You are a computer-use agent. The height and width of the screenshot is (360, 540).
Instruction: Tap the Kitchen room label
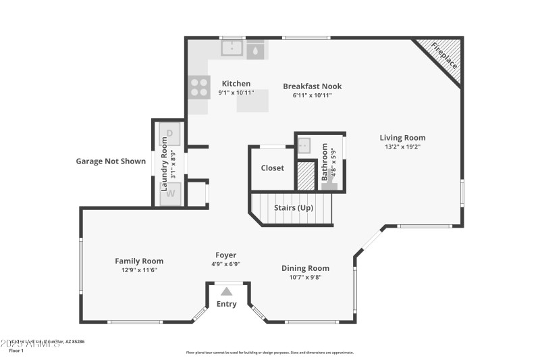point(236,84)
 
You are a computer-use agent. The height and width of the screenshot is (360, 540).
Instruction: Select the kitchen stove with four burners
point(199,86)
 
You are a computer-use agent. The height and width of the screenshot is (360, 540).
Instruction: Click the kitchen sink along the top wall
point(233,49)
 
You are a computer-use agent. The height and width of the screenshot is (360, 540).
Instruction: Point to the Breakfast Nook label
point(312,86)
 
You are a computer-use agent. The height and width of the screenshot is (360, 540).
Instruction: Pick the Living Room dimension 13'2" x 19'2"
point(402,147)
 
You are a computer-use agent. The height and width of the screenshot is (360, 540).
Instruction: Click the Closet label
point(272,168)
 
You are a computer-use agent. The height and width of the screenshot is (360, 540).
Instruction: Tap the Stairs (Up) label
point(293,208)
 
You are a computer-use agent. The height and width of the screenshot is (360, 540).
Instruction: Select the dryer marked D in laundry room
point(169,134)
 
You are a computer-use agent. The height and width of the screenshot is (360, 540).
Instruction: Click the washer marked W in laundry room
point(170,193)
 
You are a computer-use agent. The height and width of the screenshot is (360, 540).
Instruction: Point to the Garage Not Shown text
point(111,161)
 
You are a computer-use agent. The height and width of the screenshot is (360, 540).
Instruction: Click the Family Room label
point(139,261)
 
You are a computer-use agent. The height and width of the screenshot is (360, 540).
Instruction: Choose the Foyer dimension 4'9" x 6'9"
point(225,264)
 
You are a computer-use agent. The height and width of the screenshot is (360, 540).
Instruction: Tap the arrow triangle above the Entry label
point(227,291)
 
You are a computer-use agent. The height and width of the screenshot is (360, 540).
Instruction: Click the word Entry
point(227,304)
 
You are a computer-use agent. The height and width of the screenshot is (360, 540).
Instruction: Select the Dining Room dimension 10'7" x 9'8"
point(305,277)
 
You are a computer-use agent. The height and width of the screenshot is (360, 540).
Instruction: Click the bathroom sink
point(304,145)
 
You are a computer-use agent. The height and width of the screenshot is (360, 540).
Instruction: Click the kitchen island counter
point(252,101)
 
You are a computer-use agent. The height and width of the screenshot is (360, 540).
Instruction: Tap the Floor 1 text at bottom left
point(15,351)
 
